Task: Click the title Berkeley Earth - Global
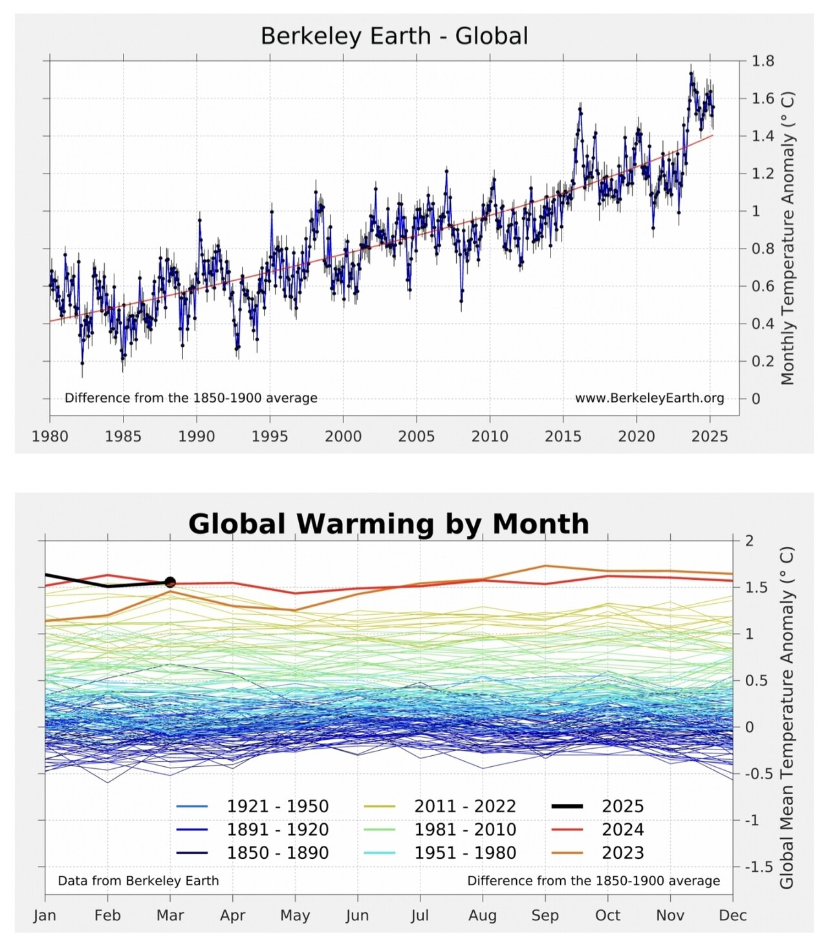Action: click(x=394, y=36)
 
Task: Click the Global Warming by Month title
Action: click(x=388, y=524)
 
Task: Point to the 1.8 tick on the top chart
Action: click(x=763, y=61)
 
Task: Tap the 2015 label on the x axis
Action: click(x=563, y=436)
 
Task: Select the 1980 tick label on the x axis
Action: click(x=50, y=436)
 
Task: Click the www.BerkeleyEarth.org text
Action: click(x=649, y=398)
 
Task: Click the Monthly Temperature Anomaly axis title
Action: click(x=787, y=238)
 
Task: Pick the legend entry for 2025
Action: click(x=623, y=806)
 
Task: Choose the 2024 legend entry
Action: click(x=623, y=830)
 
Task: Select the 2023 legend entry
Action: click(x=623, y=853)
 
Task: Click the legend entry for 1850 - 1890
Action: click(x=278, y=853)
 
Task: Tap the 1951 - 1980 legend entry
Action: click(x=465, y=853)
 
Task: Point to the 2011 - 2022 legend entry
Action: click(x=465, y=806)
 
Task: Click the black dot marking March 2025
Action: click(x=170, y=582)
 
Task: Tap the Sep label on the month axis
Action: click(x=545, y=915)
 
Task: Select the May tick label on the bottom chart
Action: click(x=295, y=915)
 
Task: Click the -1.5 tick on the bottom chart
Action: click(x=758, y=867)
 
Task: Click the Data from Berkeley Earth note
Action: click(x=138, y=881)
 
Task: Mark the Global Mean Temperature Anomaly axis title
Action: click(x=787, y=718)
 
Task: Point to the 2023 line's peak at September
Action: click(x=545, y=566)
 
